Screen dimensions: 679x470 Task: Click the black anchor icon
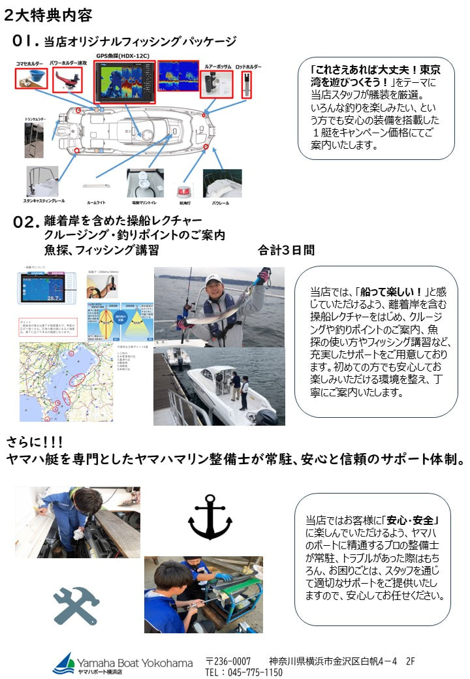click(x=210, y=516)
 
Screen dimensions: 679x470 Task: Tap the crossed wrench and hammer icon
click(x=76, y=605)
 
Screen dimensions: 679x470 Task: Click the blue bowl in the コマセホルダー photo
click(x=31, y=79)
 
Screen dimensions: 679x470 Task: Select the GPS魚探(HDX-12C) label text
click(x=122, y=56)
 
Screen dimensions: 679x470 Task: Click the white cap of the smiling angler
click(x=213, y=280)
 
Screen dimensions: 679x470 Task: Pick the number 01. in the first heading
click(x=27, y=41)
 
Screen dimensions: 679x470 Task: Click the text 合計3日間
click(x=286, y=250)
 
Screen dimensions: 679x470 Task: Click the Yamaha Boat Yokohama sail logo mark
click(x=64, y=662)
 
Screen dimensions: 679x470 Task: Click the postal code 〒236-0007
click(x=228, y=661)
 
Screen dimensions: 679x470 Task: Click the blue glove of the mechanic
click(x=224, y=577)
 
